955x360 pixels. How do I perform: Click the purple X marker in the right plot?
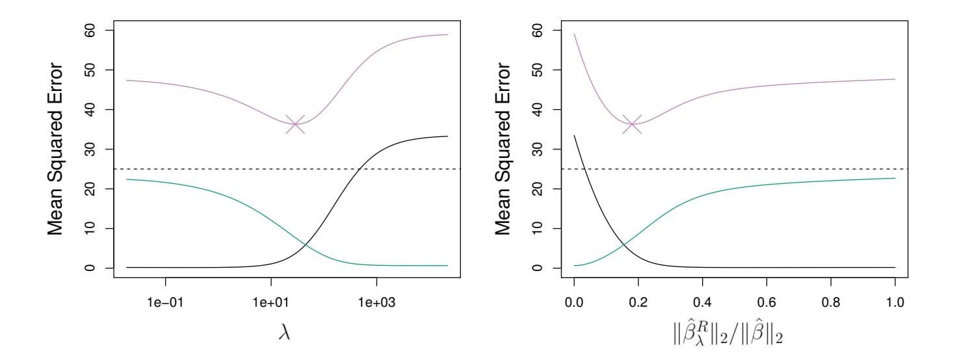[631, 123]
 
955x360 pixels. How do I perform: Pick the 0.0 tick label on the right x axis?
[574, 302]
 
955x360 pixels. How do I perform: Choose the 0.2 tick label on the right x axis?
[638, 302]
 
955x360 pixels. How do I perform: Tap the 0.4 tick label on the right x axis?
[703, 302]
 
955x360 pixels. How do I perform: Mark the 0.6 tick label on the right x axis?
[767, 302]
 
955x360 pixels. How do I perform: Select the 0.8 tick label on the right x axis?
[831, 302]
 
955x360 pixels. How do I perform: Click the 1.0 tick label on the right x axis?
[895, 302]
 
